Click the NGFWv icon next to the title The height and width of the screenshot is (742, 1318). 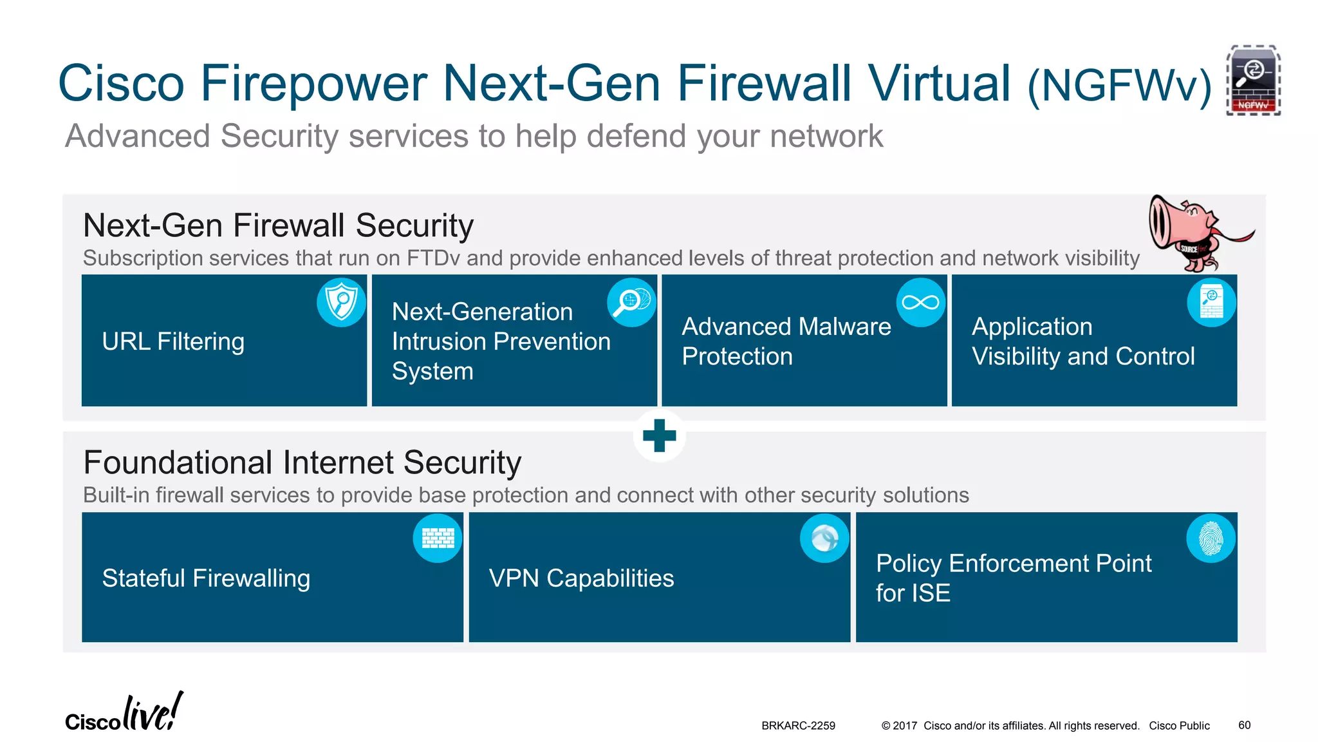[1253, 81]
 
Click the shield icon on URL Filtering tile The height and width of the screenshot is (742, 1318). [341, 302]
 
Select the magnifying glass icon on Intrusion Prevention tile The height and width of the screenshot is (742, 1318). [631, 302]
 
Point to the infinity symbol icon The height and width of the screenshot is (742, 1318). [921, 302]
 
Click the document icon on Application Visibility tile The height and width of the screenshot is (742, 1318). [1211, 302]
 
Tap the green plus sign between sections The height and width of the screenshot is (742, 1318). [659, 436]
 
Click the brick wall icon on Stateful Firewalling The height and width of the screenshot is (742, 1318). [438, 538]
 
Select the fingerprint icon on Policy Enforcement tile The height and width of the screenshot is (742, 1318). [1211, 538]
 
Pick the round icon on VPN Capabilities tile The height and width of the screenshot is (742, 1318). [824, 538]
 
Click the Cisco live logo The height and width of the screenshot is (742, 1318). [124, 714]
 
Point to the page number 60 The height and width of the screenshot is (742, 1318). [1244, 725]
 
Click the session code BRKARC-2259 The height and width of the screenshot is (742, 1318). [798, 726]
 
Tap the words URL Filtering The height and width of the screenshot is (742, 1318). [173, 341]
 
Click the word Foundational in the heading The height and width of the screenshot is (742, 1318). [178, 462]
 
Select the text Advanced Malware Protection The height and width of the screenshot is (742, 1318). [786, 341]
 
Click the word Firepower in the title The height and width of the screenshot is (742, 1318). [314, 84]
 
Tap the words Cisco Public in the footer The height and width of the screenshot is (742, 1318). [1179, 726]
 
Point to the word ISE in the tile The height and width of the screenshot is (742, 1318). [931, 593]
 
